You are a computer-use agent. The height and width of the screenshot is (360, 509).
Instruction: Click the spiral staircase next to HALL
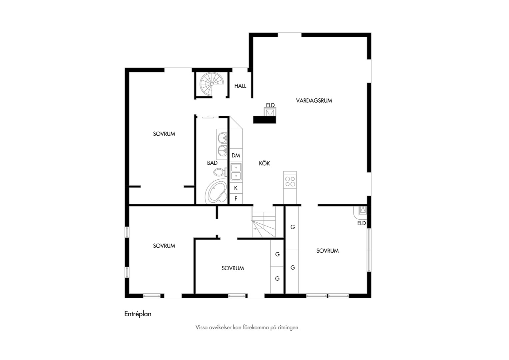[212, 84]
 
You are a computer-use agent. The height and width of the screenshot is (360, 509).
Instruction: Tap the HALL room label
[240, 86]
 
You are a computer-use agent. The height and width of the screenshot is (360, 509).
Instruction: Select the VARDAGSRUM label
[314, 101]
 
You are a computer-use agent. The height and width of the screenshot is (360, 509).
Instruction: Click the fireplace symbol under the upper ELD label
[270, 112]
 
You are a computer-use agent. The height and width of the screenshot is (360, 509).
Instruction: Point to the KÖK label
[264, 163]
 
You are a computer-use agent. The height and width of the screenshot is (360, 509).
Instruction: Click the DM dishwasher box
[236, 156]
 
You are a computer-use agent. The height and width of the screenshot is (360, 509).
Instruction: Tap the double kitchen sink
[236, 172]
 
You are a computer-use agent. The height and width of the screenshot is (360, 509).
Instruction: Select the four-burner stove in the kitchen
[290, 181]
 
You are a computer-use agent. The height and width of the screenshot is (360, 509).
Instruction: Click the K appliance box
[236, 188]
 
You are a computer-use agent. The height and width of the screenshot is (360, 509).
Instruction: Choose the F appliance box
[236, 199]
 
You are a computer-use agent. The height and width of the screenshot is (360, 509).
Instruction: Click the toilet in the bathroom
[220, 172]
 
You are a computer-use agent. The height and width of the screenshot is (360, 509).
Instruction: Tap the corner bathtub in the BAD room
[216, 191]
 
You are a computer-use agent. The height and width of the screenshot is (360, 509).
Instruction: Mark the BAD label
[212, 163]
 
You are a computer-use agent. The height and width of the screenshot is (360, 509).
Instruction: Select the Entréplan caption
[138, 314]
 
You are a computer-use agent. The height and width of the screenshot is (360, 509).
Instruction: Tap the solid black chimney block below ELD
[264, 120]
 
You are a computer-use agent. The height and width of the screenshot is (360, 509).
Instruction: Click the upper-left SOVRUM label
[164, 134]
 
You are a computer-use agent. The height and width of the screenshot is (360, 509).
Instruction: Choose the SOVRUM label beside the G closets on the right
[327, 251]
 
